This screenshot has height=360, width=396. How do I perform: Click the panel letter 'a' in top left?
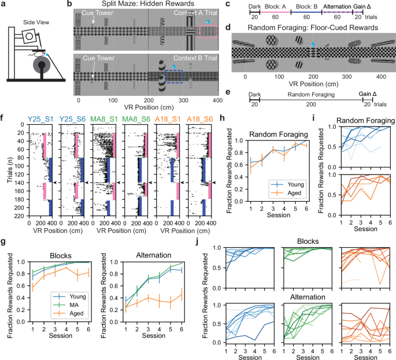tap(3, 5)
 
